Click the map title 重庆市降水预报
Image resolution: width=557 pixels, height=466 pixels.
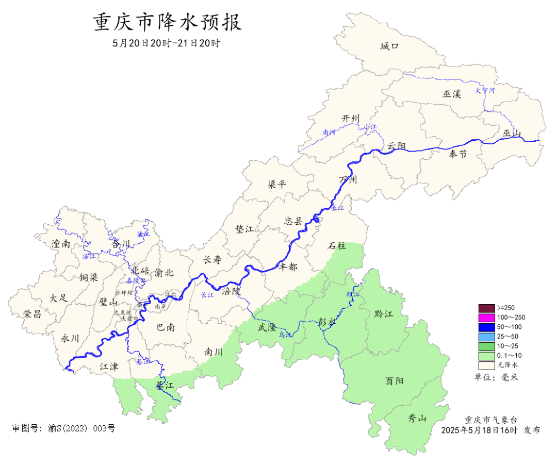[167, 23]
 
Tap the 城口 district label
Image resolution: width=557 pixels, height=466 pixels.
[389, 46]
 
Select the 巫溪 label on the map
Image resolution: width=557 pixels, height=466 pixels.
[452, 94]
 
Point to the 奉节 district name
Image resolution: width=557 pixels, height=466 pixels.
[457, 154]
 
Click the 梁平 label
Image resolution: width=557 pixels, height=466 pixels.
[277, 185]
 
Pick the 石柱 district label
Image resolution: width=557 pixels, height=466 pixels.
[338, 246]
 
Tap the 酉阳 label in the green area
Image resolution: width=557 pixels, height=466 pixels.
[395, 381]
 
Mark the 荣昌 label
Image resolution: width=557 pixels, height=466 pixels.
[32, 314]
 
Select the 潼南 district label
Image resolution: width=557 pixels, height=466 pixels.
[60, 244]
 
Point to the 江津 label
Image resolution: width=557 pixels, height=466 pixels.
[109, 367]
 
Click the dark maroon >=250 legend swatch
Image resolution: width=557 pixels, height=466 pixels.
[486, 308]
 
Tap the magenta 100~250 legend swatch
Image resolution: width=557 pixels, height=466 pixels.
[486, 317]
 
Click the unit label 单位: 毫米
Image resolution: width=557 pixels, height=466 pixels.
[496, 377]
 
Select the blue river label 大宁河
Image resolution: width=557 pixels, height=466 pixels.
[485, 91]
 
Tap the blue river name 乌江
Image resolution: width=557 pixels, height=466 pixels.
[285, 335]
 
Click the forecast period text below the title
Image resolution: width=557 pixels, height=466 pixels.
[167, 43]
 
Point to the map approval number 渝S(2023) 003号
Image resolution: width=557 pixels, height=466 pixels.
[63, 428]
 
